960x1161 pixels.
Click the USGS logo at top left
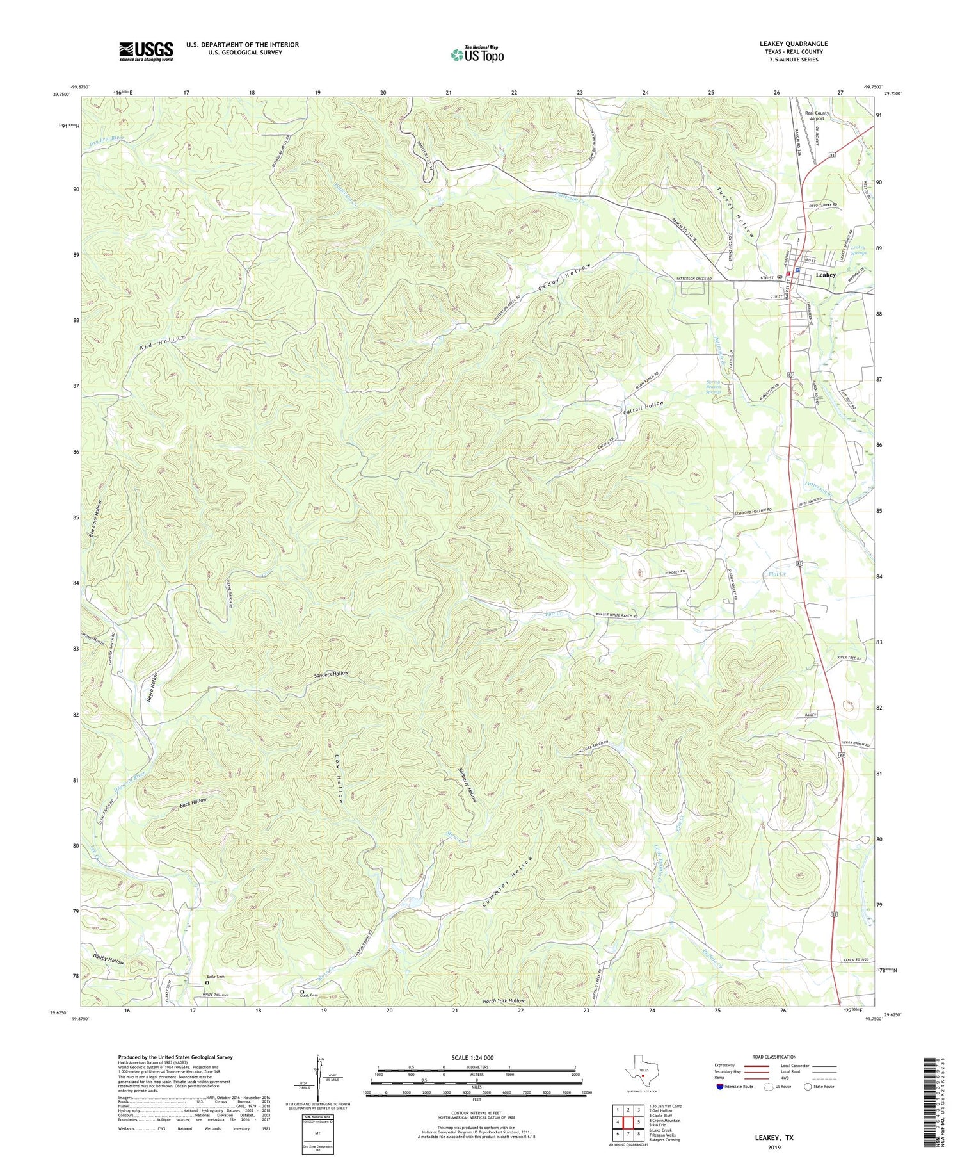(145, 51)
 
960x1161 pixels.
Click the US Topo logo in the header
(476, 54)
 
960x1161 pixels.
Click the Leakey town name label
(825, 275)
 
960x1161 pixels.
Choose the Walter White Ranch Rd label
(613, 615)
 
